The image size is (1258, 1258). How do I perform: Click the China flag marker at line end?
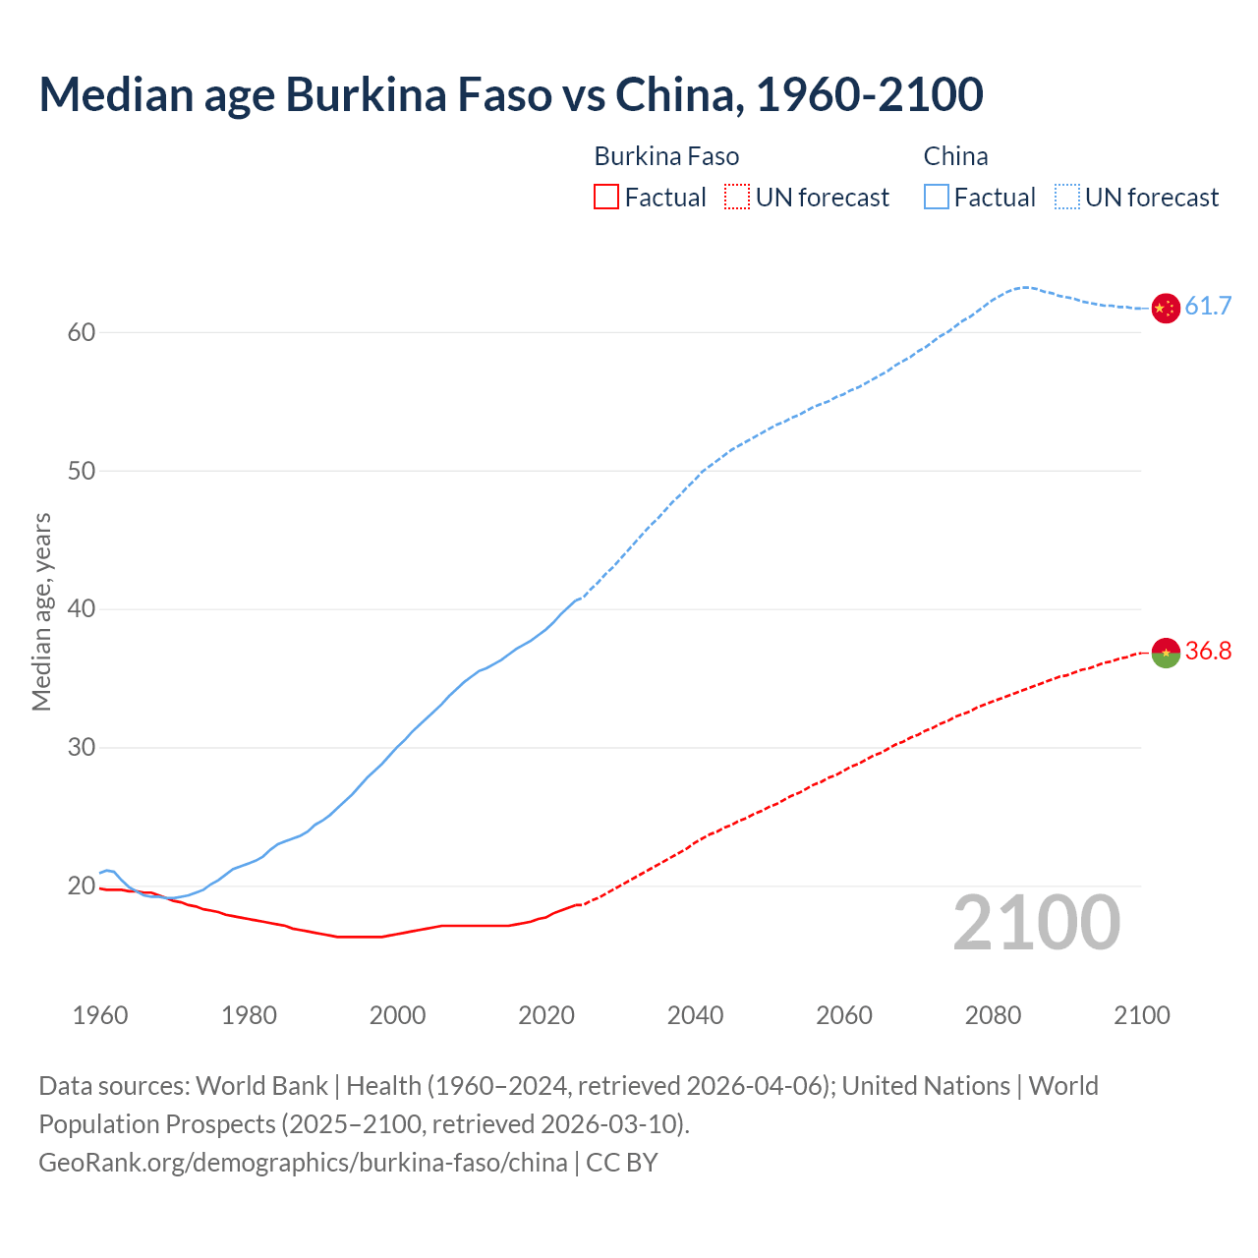[1165, 308]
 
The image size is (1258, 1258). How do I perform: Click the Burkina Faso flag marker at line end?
[1165, 653]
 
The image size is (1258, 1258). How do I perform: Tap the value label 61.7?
[1208, 307]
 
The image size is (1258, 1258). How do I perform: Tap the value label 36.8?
[1208, 652]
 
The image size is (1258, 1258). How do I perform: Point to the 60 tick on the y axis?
[82, 332]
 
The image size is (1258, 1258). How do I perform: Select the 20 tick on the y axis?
[82, 886]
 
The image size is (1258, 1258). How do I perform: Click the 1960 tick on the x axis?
[100, 1015]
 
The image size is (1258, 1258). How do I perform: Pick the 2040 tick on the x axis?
[695, 1015]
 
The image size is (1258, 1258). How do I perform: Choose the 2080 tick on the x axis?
[993, 1015]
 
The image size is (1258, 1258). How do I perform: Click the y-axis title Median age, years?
[41, 611]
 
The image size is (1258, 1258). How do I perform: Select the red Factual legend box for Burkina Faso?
[606, 198]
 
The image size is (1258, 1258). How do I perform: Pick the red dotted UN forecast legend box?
[737, 198]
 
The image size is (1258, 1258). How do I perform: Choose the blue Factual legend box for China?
[937, 198]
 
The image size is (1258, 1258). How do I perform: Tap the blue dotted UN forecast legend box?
[1067, 198]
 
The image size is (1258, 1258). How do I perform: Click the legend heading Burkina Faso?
[666, 156]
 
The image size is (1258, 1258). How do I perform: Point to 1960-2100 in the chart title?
[869, 94]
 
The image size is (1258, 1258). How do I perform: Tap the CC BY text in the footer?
[622, 1163]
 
